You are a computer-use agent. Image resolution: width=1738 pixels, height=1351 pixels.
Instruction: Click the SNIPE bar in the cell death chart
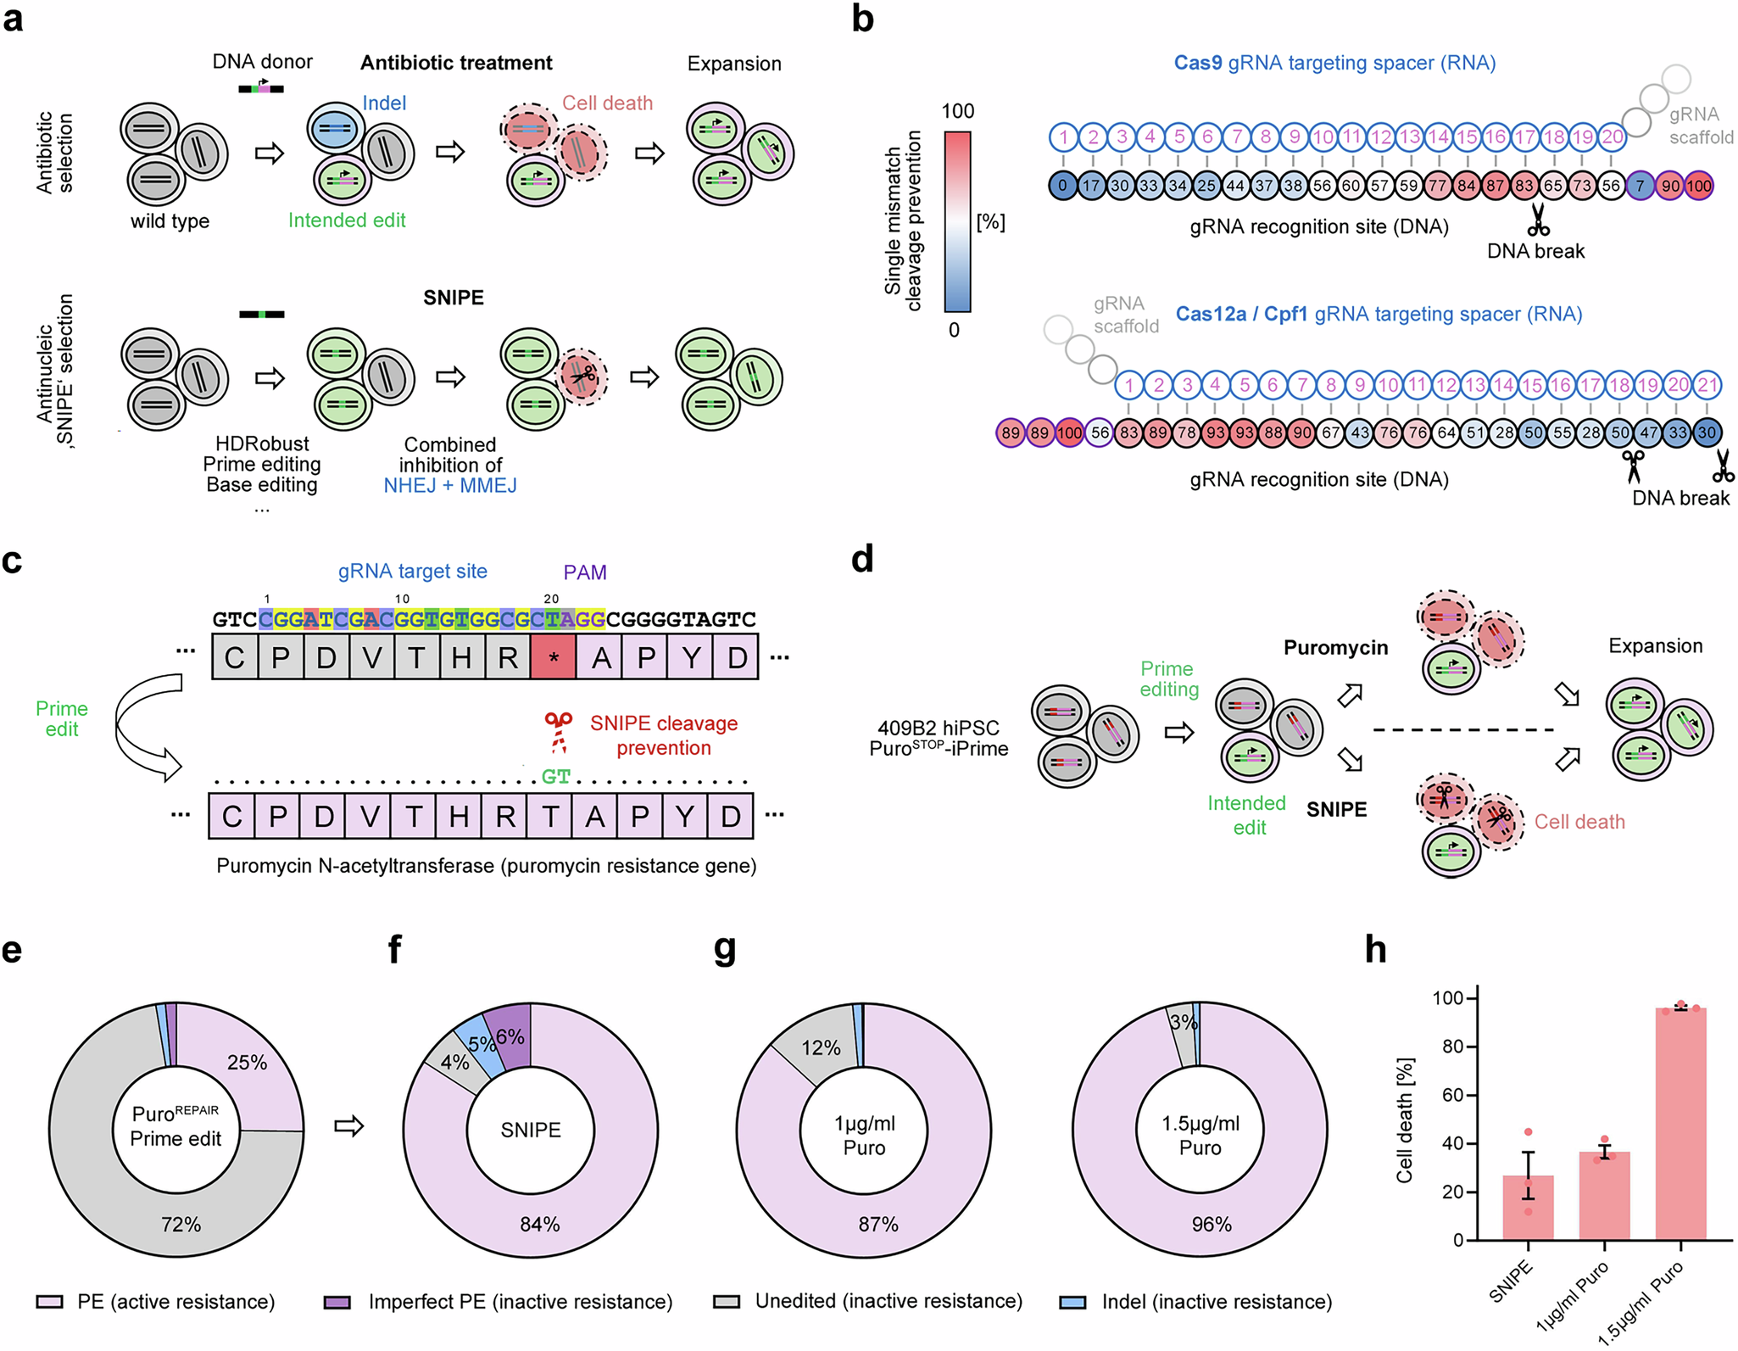[x=1528, y=1208]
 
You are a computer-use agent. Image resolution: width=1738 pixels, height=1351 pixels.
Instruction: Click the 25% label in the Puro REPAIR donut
[x=247, y=1063]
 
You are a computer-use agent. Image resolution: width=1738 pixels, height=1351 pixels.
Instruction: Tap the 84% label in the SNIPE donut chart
[x=540, y=1224]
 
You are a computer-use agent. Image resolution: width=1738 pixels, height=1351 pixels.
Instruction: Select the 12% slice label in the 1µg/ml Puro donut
[x=821, y=1048]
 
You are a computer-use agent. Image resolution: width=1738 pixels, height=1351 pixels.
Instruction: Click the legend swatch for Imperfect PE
[x=337, y=1302]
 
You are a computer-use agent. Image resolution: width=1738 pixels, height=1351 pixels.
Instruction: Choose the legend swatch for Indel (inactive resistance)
[x=1072, y=1302]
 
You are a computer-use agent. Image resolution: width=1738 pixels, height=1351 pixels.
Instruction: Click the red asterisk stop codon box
[x=553, y=657]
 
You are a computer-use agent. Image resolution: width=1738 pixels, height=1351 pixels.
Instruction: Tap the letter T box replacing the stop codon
[x=549, y=817]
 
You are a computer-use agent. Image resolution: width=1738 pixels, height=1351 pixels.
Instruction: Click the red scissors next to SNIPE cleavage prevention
[x=558, y=733]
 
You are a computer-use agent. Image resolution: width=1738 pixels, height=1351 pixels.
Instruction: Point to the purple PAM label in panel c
[x=585, y=572]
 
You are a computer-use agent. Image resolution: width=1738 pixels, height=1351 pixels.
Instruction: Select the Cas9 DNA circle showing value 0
[x=1062, y=186]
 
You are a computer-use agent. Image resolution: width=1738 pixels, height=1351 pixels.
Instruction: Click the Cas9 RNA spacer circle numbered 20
[x=1612, y=137]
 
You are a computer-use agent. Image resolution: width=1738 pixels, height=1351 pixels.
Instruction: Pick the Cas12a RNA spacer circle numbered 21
[x=1707, y=385]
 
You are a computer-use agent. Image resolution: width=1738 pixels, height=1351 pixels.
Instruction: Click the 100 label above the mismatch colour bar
[x=958, y=111]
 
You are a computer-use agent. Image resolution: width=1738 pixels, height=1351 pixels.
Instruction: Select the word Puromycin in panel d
[x=1335, y=648]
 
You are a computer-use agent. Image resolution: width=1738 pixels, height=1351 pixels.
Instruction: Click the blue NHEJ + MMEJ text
[x=450, y=486]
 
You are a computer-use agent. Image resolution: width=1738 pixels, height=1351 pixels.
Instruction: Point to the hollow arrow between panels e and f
[x=348, y=1126]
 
